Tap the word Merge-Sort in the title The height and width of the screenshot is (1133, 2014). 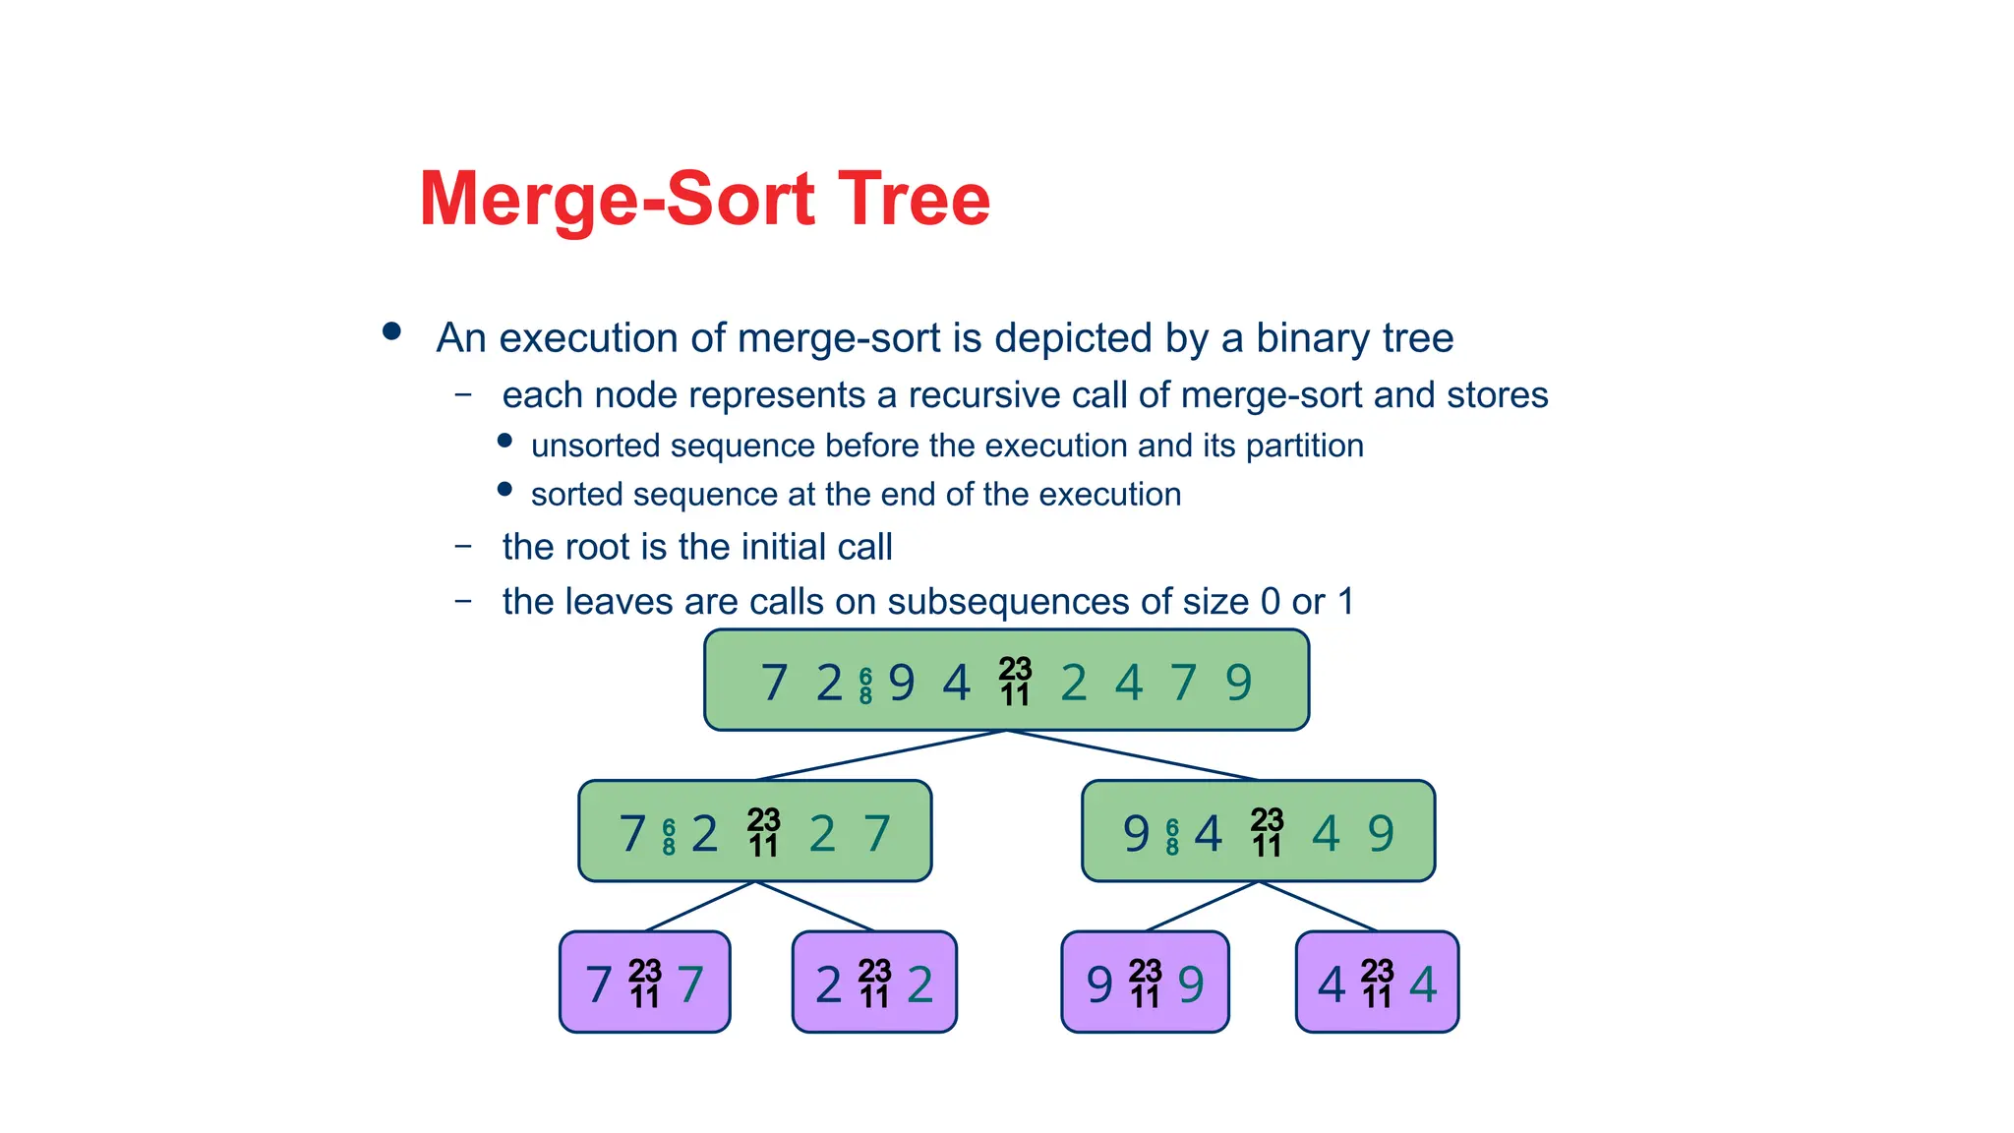[x=617, y=200]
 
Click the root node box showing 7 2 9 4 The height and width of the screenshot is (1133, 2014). [x=1006, y=681]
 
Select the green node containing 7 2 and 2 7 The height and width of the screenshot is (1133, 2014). [x=754, y=831]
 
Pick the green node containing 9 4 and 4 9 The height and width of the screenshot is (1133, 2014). [x=1258, y=831]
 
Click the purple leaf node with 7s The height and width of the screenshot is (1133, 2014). [x=644, y=982]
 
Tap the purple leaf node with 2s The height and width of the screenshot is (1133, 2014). [x=874, y=982]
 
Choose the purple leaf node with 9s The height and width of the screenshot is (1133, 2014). [x=1145, y=982]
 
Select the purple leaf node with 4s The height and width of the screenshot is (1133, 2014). [x=1377, y=982]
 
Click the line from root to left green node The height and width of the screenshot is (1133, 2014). [x=880, y=755]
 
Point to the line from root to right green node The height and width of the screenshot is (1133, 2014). [x=1132, y=755]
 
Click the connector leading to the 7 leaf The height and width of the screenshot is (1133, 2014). [x=699, y=906]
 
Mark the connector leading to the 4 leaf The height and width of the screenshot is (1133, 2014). [x=1318, y=906]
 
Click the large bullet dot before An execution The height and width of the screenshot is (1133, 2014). [x=391, y=331]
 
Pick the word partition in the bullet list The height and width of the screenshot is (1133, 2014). [x=1304, y=447]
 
